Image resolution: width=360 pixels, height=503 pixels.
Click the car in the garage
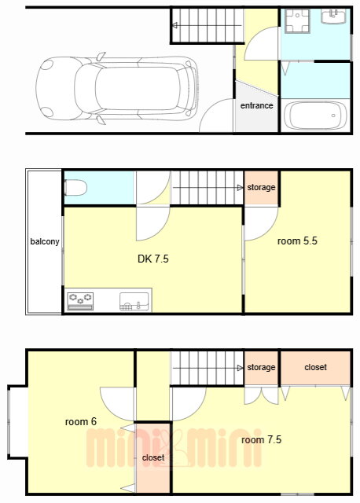pos(117,88)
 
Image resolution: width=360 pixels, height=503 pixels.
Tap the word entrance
pos(257,105)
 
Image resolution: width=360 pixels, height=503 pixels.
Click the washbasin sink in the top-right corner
pos(334,16)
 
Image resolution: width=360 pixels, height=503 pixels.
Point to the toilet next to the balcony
pos(75,188)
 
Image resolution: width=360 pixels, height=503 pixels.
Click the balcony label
pos(45,241)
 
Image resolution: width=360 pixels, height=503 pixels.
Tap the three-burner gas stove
pos(80,301)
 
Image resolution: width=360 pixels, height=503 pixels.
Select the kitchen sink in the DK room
pos(134,302)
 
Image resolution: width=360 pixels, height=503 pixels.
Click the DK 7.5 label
pos(153,259)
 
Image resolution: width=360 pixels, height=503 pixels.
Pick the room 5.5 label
pos(297,241)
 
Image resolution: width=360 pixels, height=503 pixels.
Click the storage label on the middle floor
pos(261,187)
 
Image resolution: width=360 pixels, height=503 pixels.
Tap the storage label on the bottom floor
pos(261,367)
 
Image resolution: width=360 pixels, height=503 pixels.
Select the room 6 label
pos(80,421)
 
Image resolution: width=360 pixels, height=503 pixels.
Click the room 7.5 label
pos(261,439)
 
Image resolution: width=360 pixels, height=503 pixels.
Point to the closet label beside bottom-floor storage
pos(315,367)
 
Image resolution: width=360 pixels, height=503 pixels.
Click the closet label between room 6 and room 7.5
pos(153,457)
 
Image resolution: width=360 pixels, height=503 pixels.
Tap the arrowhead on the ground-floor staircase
pos(174,25)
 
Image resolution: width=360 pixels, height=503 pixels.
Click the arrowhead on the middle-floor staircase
pos(240,188)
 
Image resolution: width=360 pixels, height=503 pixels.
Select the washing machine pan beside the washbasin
pos(297,21)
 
